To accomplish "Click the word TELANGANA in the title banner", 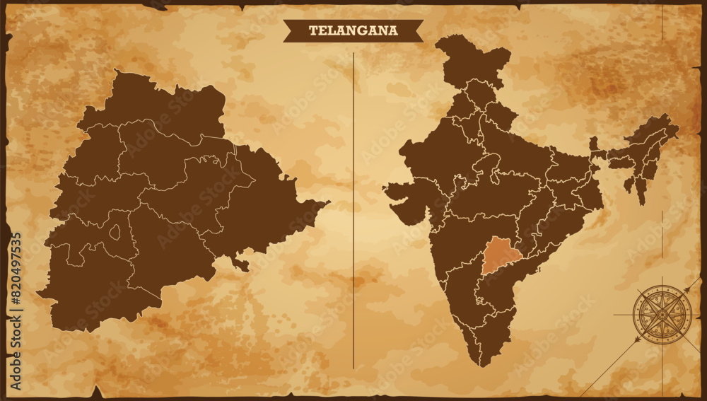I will tap(353, 30).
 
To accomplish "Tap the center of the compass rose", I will tap(662, 314).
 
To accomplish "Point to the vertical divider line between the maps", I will tap(353, 212).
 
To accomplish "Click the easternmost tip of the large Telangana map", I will tap(327, 202).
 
